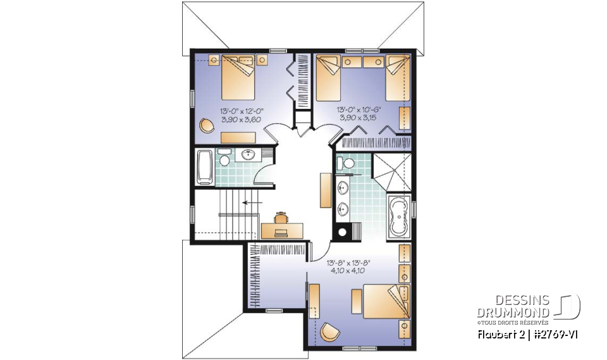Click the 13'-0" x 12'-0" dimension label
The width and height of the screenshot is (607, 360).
pos(242,110)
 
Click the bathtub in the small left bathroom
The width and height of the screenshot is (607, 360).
pos(205,167)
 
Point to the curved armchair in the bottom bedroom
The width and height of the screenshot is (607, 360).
pos(329,332)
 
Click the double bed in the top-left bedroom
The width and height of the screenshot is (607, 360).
pos(238,78)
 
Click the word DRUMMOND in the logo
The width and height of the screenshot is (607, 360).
pos(513,312)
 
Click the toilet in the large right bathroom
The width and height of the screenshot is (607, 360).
pos(347,164)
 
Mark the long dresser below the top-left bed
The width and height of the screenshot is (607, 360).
pos(238,137)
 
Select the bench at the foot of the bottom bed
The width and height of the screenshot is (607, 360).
pos(314,300)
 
